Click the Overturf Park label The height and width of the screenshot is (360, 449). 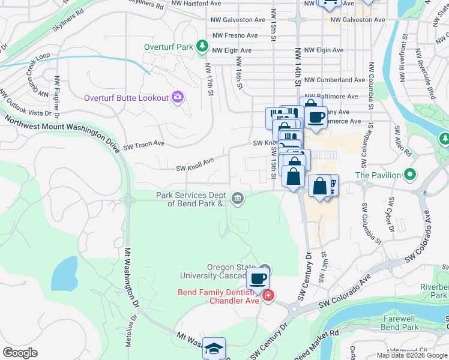click(167, 46)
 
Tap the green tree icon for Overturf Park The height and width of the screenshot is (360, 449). click(203, 46)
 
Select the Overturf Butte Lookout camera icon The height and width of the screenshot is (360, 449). click(177, 97)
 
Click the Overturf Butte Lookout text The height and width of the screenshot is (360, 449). click(126, 97)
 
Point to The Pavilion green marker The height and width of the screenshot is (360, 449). click(410, 175)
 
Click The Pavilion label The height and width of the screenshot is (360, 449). click(378, 175)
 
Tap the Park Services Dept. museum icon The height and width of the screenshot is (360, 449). click(238, 199)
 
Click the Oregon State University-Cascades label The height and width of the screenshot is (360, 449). click(220, 272)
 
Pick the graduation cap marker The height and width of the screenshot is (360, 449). click(214, 349)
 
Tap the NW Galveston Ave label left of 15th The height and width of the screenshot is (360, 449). click(238, 20)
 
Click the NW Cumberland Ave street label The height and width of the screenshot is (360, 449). click(334, 80)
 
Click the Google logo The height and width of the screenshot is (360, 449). click(20, 353)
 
